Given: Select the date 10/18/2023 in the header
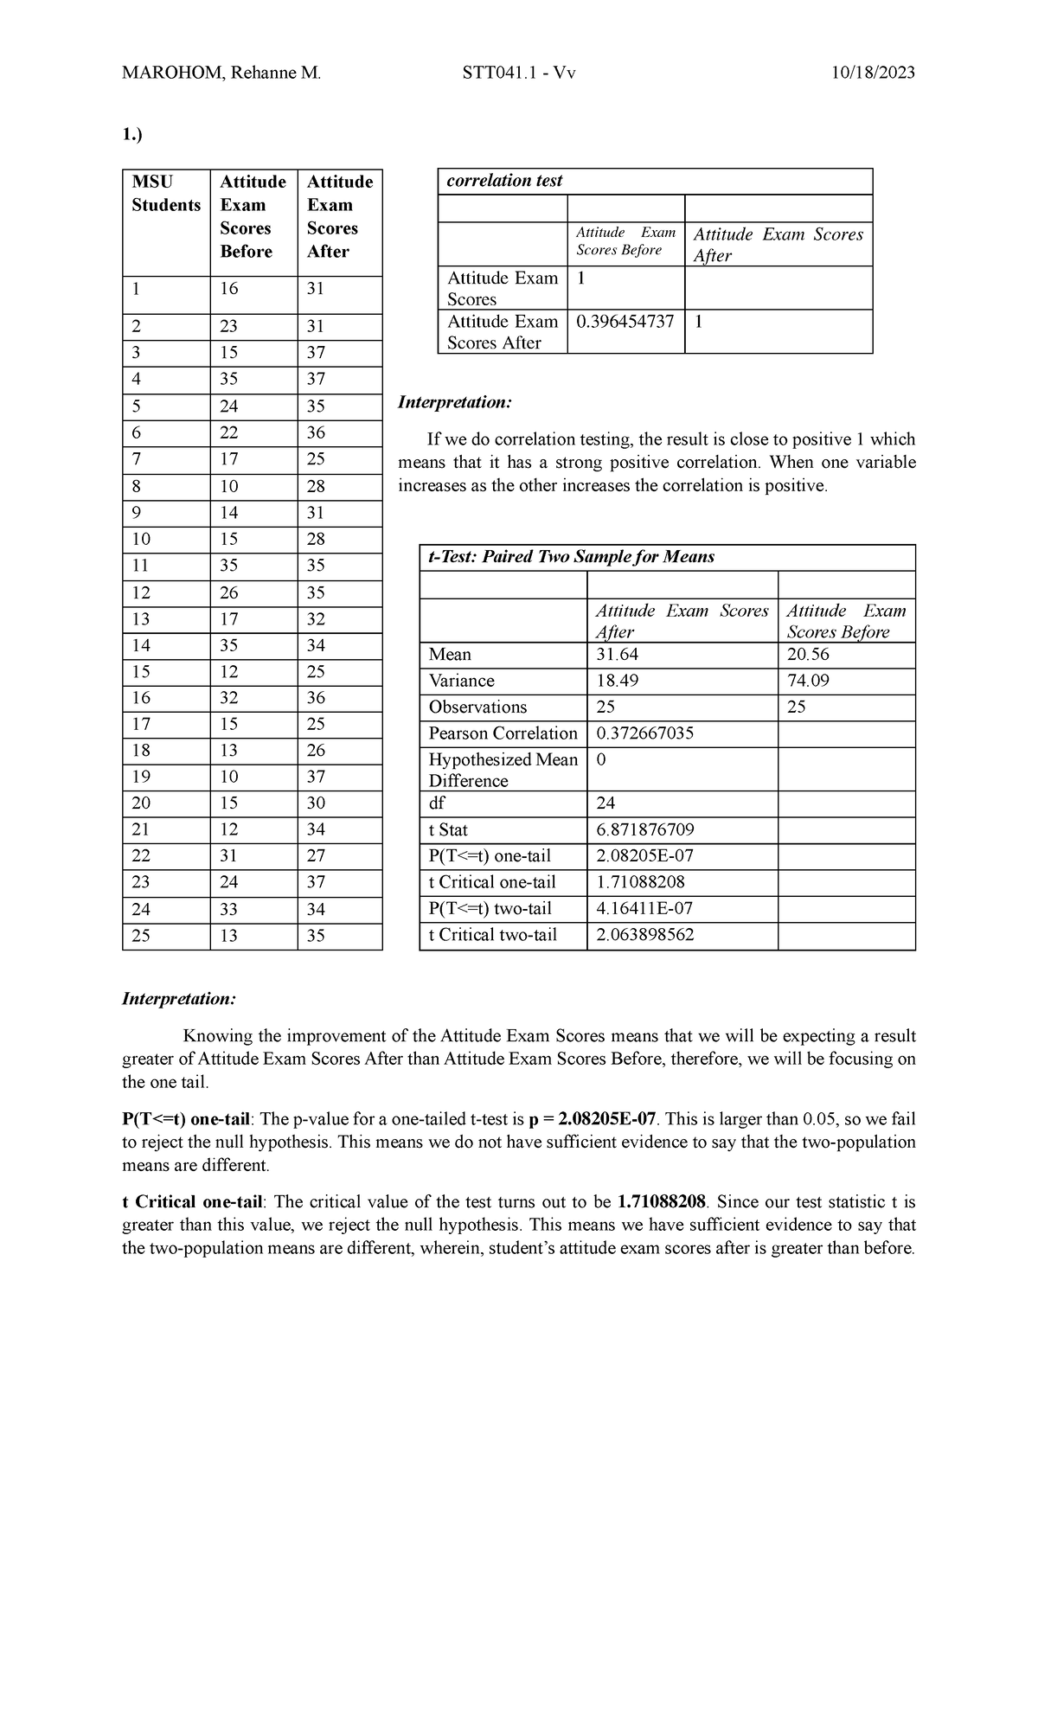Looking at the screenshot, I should point(872,73).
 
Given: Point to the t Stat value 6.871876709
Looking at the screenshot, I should point(645,830).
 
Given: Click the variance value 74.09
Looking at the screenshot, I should point(808,681).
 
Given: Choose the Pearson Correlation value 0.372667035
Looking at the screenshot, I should point(645,733).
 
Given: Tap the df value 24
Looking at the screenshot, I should point(606,803).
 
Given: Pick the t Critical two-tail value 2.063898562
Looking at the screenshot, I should point(645,935).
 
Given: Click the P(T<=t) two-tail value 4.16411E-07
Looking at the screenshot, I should point(644,909).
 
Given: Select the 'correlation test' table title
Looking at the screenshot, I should point(504,181).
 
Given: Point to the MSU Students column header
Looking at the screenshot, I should point(165,193).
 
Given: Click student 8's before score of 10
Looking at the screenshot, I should point(228,486).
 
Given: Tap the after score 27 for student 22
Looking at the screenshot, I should point(316,856).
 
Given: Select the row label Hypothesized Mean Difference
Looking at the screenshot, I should point(503,770).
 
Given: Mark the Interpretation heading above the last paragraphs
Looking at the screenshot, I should point(179,999).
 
